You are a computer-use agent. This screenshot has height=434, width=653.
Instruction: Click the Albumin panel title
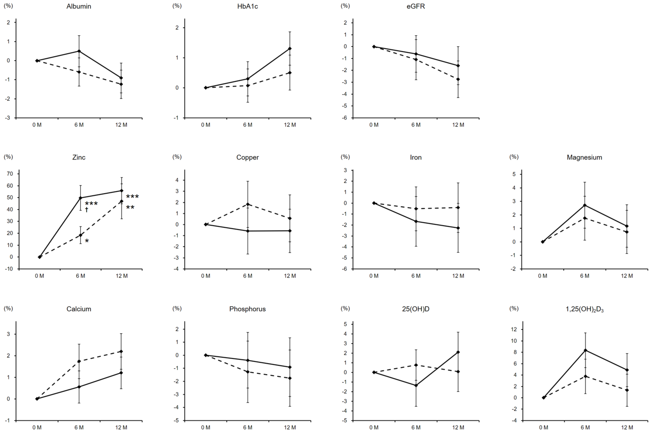[x=79, y=6]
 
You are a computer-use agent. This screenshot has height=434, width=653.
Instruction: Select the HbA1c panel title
[x=247, y=6]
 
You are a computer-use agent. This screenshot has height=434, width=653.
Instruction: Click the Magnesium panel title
[x=584, y=157]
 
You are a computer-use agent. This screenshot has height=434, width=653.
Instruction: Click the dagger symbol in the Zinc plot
[x=87, y=210]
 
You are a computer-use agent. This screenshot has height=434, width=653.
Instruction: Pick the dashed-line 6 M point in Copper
[x=248, y=204]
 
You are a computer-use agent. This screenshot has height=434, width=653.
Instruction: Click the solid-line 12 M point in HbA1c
[x=290, y=49]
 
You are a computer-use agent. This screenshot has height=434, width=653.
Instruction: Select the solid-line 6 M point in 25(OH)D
[x=416, y=385]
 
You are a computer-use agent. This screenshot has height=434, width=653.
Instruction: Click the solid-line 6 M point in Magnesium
[x=585, y=205]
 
